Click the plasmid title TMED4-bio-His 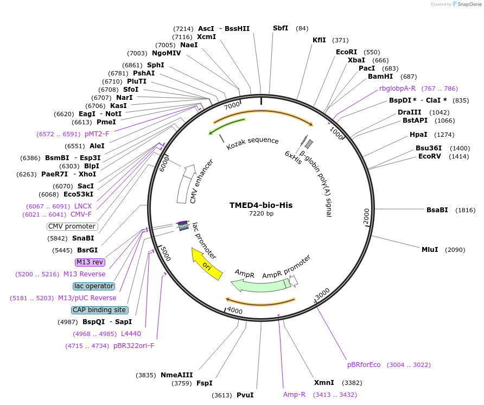pos(261,205)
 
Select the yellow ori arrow pos(206,264)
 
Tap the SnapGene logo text pos(469,4)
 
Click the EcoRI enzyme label pos(347,52)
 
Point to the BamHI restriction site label pos(380,77)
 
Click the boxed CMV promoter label pos(72,226)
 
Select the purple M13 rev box pos(90,262)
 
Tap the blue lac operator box pos(93,286)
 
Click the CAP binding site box pos(100,310)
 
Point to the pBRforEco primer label pos(364,365)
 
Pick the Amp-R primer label pos(295,395)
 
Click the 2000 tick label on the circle pos(366,216)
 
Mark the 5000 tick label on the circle pos(164,254)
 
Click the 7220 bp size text pos(261,213)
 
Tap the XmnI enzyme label pos(324,383)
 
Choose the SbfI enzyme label pos(281,28)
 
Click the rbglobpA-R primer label pos(397,88)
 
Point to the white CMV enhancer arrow pos(184,185)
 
